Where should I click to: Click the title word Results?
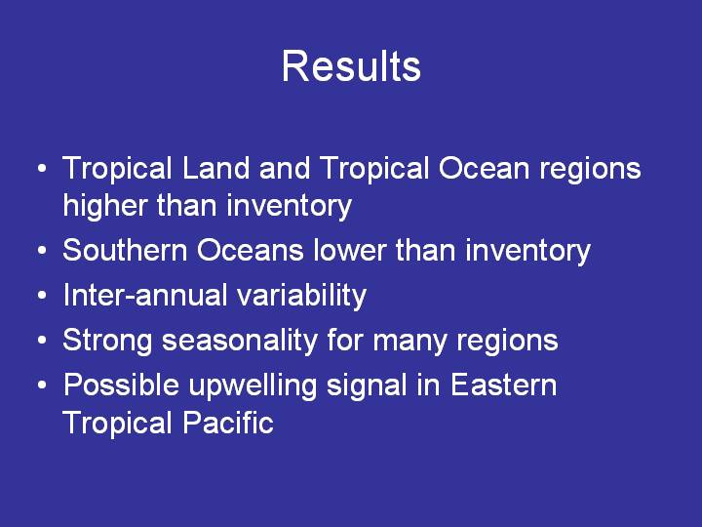coord(351,66)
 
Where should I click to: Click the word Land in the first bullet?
coord(215,168)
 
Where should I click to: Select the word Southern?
coord(125,250)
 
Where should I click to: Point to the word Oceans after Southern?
coord(251,250)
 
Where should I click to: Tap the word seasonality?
coord(240,341)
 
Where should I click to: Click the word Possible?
coord(121,385)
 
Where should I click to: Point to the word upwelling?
coord(253,385)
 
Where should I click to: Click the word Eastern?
coord(504,385)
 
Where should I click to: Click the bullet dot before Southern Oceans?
coord(42,251)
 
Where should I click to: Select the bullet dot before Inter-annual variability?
coord(42,296)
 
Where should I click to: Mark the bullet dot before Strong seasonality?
coord(42,341)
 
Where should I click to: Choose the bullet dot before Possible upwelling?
coord(42,385)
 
